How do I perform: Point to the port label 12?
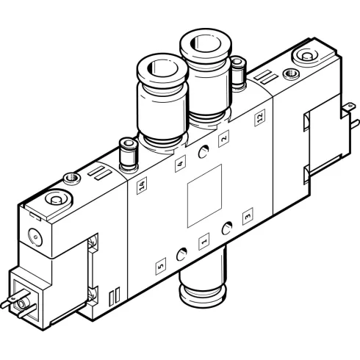259,118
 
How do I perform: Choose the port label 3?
247,215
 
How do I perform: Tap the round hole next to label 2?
204,152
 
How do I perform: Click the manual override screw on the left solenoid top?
56,200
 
